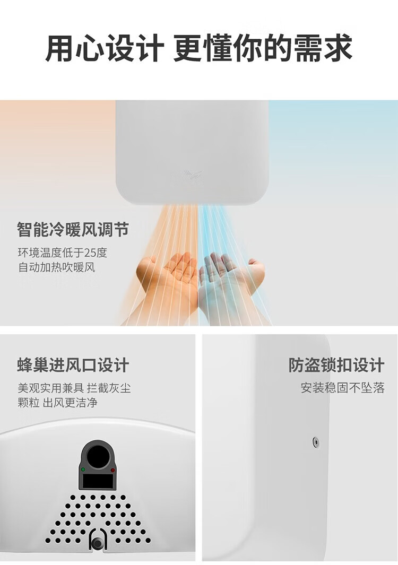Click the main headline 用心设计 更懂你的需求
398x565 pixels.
coord(198,48)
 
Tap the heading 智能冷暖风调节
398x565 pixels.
coord(73,230)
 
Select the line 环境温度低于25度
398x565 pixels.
coord(63,253)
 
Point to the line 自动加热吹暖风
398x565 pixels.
coord(57,267)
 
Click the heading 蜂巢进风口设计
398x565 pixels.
coord(73,365)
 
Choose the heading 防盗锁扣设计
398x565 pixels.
coord(336,365)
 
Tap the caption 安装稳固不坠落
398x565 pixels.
coord(343,388)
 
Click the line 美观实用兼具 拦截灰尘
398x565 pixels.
coord(74,388)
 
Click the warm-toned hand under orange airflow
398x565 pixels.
coord(166,285)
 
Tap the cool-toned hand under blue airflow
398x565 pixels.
coord(231,285)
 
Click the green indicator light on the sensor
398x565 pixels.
coord(83,470)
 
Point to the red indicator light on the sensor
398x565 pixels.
coord(113,470)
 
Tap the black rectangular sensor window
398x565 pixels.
coord(98,480)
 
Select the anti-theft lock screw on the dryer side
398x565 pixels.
coord(316,441)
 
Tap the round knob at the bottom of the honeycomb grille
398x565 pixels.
coord(97,543)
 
